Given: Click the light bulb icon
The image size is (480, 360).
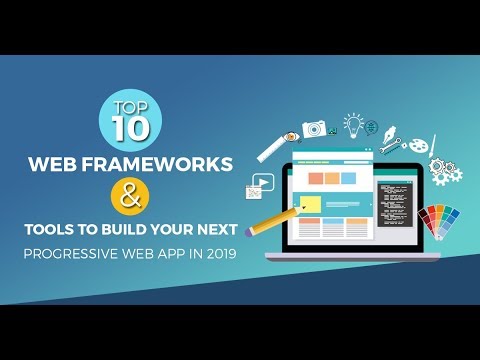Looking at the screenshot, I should (x=353, y=123).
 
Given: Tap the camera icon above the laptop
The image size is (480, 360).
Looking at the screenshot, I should (x=314, y=130).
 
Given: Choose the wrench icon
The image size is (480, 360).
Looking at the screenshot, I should (x=389, y=147).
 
